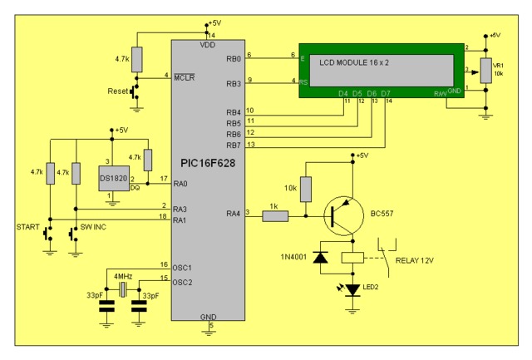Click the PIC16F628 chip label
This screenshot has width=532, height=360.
[x=207, y=164]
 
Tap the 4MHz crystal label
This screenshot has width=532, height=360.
[x=123, y=275]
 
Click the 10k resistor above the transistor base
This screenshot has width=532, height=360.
[x=306, y=189]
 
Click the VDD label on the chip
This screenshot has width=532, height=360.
[x=207, y=46]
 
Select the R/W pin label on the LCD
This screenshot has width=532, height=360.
[x=440, y=93]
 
